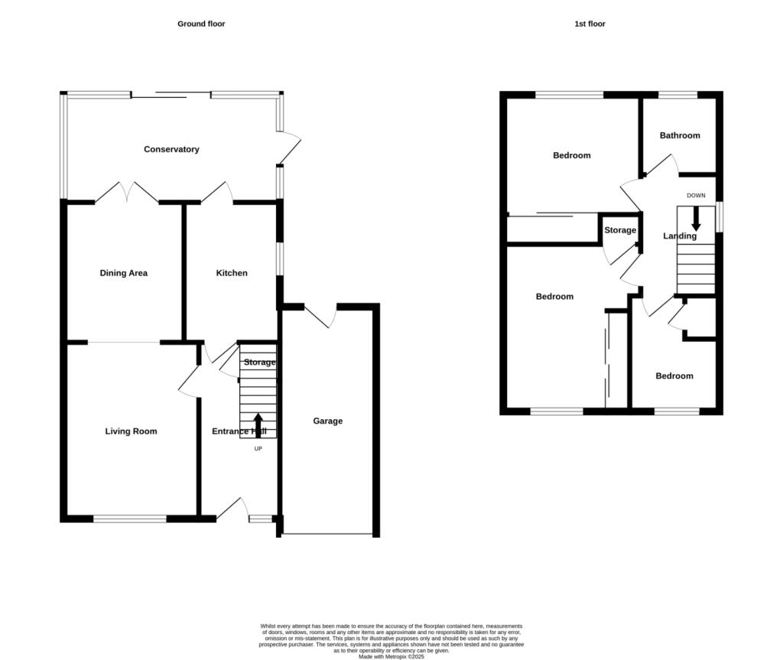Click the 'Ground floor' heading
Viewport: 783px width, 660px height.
point(201,24)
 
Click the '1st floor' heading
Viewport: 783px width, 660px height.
point(590,24)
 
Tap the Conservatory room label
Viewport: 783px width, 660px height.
point(171,149)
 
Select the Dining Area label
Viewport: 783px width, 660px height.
point(123,273)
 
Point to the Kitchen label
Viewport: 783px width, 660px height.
point(232,273)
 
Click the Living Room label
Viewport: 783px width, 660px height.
point(131,431)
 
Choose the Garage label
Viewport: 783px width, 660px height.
point(327,421)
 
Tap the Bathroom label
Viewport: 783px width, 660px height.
point(680,135)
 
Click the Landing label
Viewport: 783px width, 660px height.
point(680,236)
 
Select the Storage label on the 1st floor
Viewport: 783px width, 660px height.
point(620,230)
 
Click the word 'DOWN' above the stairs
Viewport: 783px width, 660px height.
point(696,196)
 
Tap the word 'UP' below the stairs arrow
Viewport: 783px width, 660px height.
point(258,449)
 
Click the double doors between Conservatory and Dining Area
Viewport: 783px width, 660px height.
point(127,193)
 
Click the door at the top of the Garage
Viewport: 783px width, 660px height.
point(320,316)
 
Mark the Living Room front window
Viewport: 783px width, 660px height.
point(130,519)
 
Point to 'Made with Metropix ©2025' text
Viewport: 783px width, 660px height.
point(391,656)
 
